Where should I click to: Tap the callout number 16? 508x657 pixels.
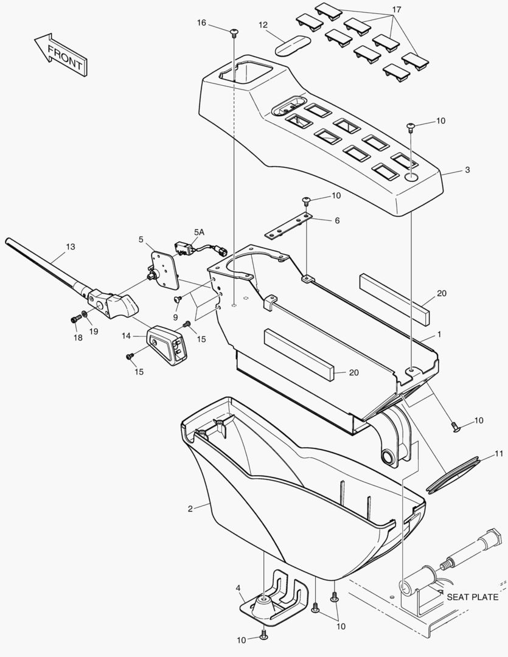point(201,23)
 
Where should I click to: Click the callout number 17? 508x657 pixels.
point(396,10)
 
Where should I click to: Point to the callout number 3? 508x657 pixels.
point(467,170)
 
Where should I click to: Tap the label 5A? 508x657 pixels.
point(200,232)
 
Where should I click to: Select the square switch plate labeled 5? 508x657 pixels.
point(164,269)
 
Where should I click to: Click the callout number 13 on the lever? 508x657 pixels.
point(71,246)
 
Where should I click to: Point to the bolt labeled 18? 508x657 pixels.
point(75,318)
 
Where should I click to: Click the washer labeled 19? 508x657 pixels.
point(85,314)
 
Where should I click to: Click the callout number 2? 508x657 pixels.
point(190,508)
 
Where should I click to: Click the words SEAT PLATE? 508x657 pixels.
point(472,597)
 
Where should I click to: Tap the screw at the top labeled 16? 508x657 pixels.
point(234,30)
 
